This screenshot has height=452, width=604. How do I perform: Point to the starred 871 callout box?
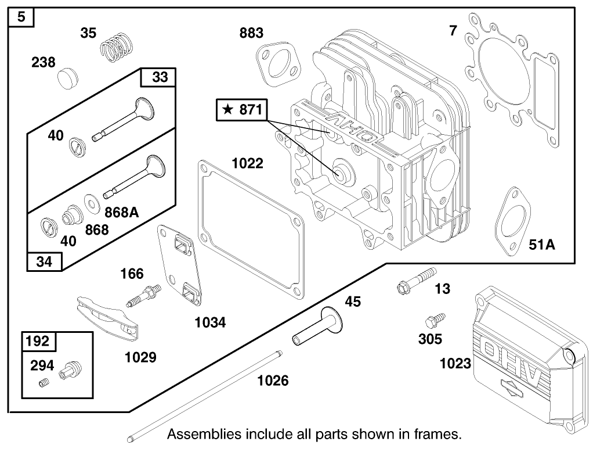coord(243,109)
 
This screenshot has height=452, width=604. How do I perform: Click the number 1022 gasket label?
coord(248,164)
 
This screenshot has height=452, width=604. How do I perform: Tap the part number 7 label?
coord(453,30)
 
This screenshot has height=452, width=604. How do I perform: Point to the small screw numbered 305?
coord(433,320)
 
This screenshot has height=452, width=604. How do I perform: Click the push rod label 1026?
coord(273,381)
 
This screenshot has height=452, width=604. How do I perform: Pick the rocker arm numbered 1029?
coord(106,320)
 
